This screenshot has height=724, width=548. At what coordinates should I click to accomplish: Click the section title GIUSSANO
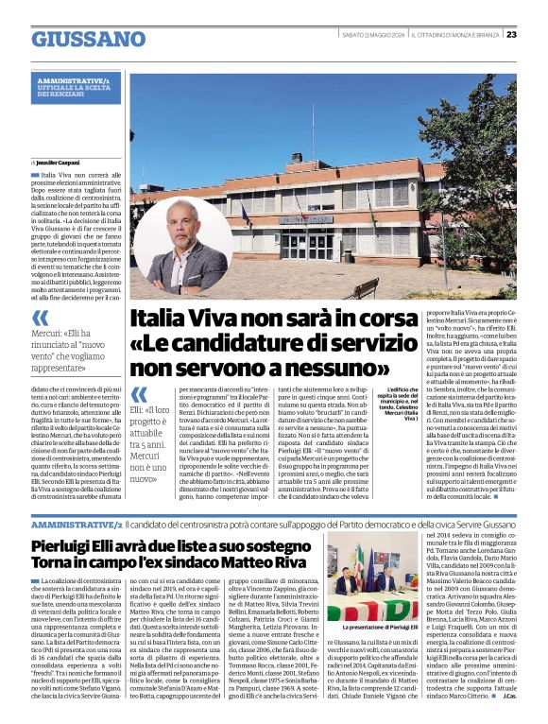point(88,38)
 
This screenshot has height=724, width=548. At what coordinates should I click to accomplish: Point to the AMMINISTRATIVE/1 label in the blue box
point(74,82)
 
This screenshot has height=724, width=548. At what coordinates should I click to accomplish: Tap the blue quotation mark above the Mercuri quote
point(40,319)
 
